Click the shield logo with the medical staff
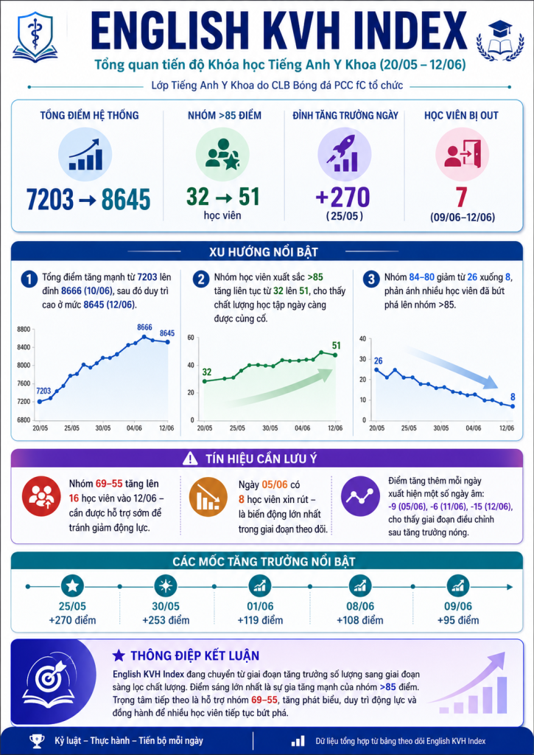tap(35, 37)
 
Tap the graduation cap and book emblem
tap(500, 41)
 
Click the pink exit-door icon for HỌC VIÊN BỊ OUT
tap(463, 154)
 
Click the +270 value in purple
tap(343, 198)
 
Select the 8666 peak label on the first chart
tap(144, 327)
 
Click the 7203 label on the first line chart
tap(43, 391)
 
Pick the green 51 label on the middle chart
tap(337, 345)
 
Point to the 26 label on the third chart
tap(378, 361)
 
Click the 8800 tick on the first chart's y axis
tap(24, 330)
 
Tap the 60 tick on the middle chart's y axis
tap(191, 338)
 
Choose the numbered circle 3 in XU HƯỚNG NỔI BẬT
tap(371, 279)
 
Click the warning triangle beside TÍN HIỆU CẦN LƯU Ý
tap(190, 459)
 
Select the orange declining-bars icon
tap(208, 496)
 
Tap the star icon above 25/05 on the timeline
tap(73, 586)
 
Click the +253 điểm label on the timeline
tap(166, 620)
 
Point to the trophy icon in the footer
tap(37, 740)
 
